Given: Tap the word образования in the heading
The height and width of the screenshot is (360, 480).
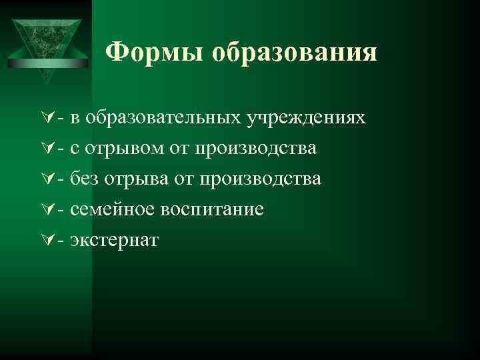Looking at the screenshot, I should pyautogui.click(x=294, y=52).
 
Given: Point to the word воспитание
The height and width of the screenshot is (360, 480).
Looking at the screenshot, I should pyautogui.click(x=211, y=210).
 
